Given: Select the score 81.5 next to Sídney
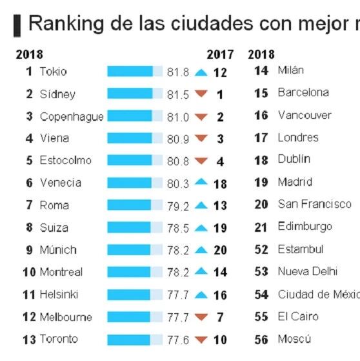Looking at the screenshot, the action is pyautogui.click(x=178, y=95).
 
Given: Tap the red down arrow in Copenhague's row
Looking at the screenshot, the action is pyautogui.click(x=201, y=117).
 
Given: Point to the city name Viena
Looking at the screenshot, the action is pyautogui.click(x=55, y=138).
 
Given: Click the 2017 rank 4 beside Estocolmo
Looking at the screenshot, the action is pyautogui.click(x=220, y=161).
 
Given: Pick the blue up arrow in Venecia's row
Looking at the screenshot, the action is pyautogui.click(x=201, y=181).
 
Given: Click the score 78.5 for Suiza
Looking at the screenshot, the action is pyautogui.click(x=178, y=228).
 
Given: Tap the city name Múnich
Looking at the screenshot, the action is pyautogui.click(x=58, y=249).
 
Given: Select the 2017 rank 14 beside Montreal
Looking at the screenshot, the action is pyautogui.click(x=220, y=272).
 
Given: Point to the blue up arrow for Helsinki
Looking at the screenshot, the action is pyautogui.click(x=201, y=295).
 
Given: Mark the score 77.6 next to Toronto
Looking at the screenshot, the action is pyautogui.click(x=178, y=340).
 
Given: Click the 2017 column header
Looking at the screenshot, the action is pyautogui.click(x=220, y=55).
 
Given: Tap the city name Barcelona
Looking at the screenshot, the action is pyautogui.click(x=303, y=92).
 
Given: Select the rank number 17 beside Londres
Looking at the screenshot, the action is pyautogui.click(x=261, y=138).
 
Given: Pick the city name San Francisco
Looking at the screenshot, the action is pyautogui.click(x=314, y=204).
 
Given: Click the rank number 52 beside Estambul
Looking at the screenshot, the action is pyautogui.click(x=261, y=249).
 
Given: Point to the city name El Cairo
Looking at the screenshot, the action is pyautogui.click(x=298, y=316).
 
